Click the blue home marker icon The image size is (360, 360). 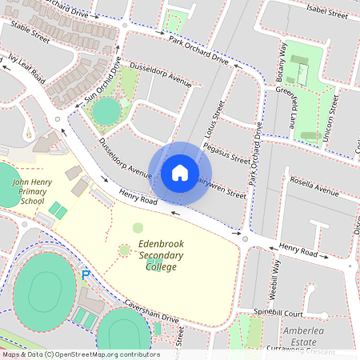coord(180,173)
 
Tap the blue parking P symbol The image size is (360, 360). coord(86,275)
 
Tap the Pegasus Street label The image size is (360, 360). coord(227,153)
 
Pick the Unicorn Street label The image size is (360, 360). coord(336,114)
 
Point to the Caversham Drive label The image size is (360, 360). coord(152,311)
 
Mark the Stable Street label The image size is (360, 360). coord(30,33)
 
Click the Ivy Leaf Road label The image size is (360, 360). coord(27,66)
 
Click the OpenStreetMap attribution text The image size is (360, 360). coord(80,354)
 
